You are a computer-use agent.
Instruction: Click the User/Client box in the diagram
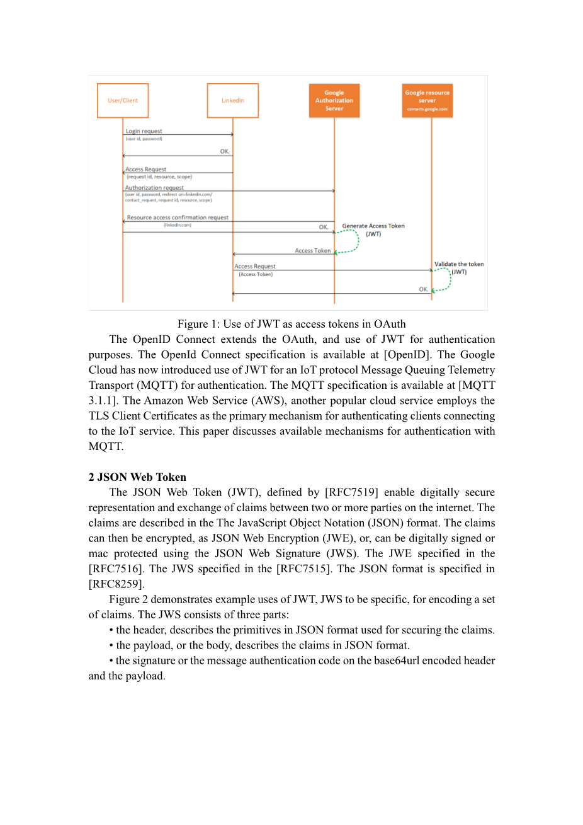tap(123, 100)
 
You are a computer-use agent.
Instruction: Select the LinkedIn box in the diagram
tap(233, 100)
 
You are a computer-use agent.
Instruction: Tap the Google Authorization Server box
tap(334, 100)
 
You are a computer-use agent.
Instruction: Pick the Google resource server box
tap(427, 100)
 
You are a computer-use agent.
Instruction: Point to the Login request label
tap(144, 131)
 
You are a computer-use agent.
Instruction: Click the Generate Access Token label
tap(373, 226)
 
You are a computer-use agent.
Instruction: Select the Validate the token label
tap(459, 264)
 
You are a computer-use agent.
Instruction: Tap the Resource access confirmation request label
tap(178, 217)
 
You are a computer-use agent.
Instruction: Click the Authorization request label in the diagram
tap(154, 188)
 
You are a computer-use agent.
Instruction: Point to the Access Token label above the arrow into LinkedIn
tap(313, 251)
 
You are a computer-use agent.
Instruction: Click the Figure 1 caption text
tap(291, 324)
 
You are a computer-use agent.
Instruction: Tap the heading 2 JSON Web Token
tap(137, 477)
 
